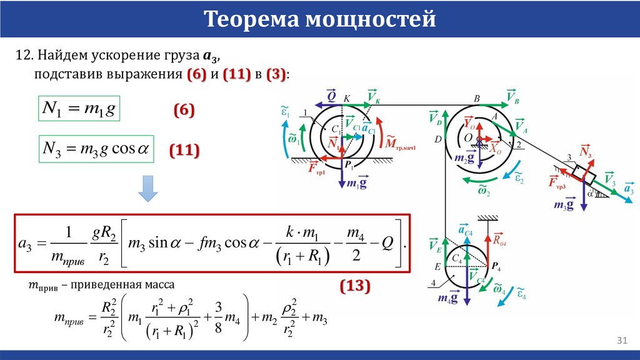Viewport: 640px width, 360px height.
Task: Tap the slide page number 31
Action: (x=621, y=340)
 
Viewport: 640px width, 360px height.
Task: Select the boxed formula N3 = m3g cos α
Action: (x=96, y=149)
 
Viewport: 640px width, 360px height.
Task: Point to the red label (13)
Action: (x=356, y=286)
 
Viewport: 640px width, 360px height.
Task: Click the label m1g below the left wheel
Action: (x=356, y=184)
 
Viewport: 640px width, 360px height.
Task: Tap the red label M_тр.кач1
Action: (x=400, y=143)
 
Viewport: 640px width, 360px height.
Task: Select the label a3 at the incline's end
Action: (x=629, y=189)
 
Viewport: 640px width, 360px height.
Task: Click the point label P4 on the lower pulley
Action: (x=496, y=267)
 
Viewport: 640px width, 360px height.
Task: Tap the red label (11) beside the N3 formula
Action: (x=184, y=150)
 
